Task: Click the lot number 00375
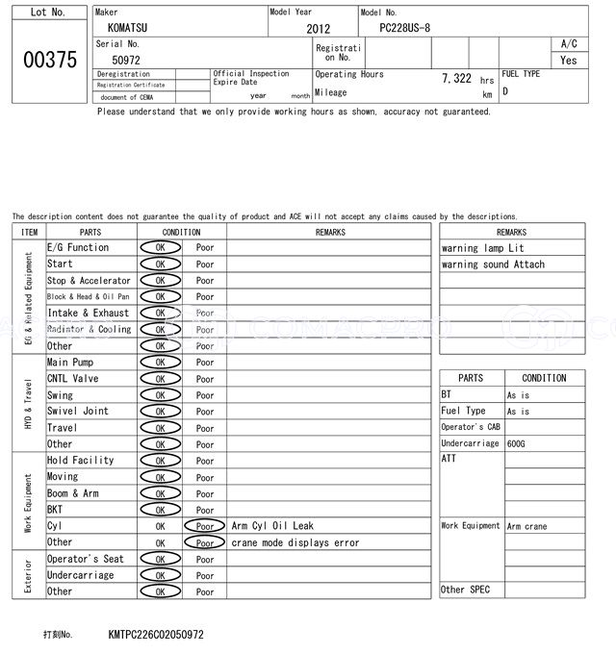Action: tap(48, 60)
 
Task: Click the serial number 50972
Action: tap(126, 60)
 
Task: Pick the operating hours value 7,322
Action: tap(456, 78)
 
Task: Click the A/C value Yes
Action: tap(569, 60)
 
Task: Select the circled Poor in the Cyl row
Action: tap(204, 526)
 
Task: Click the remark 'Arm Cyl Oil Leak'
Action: tap(272, 526)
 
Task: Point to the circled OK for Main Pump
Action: tap(160, 363)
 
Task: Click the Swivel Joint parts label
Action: tap(78, 411)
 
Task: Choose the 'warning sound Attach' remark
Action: tap(493, 264)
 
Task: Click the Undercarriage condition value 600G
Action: tap(517, 443)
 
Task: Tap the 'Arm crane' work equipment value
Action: tap(526, 526)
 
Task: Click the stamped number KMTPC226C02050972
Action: tap(157, 635)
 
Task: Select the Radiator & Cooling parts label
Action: tap(90, 329)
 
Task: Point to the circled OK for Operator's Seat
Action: tap(160, 559)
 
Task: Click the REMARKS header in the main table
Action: tap(329, 232)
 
